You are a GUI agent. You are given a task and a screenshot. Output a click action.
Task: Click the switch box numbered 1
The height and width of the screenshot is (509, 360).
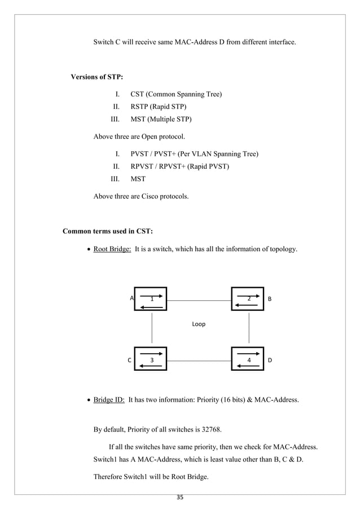151,299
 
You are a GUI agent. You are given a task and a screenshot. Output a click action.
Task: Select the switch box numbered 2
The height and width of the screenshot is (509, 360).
248,299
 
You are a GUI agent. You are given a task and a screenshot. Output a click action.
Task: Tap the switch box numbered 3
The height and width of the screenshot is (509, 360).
151,359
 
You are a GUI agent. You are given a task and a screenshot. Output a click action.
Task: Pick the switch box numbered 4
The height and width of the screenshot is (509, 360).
248,359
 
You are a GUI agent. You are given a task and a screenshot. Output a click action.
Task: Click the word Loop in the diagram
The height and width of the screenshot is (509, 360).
199,324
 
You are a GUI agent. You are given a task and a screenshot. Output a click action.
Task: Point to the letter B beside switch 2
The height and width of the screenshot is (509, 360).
270,299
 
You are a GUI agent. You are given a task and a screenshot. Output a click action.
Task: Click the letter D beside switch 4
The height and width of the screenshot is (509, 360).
270,359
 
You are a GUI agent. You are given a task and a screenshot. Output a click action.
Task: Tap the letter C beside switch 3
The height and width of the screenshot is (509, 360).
129,359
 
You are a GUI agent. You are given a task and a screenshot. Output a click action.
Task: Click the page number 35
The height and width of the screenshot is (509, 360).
180,498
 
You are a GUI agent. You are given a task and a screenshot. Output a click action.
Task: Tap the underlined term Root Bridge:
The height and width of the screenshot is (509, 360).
112,249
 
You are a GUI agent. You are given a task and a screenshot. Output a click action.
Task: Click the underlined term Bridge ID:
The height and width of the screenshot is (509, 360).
109,400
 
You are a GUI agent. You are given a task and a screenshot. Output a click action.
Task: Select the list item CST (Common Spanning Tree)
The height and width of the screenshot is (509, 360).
175,94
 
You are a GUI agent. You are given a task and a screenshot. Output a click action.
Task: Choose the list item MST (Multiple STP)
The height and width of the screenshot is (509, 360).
161,119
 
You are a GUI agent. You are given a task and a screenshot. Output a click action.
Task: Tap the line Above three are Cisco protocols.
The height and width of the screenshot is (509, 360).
141,197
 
